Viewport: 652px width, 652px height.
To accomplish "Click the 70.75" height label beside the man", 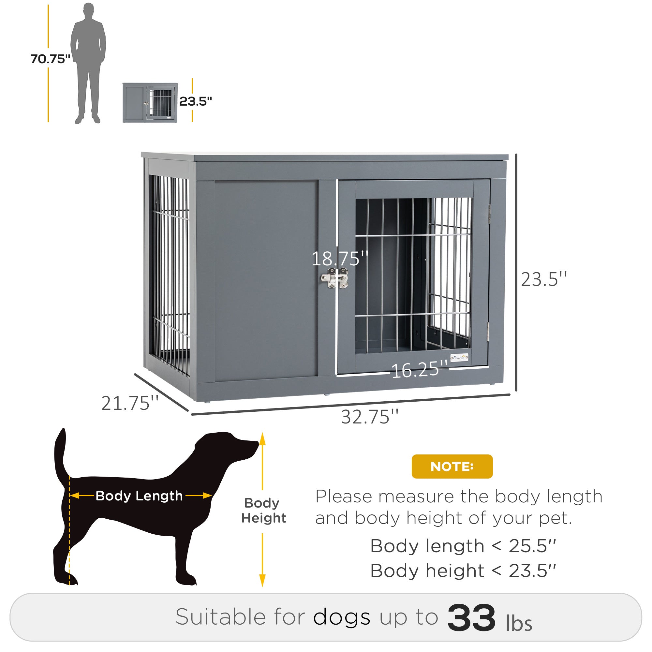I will tap(50, 59).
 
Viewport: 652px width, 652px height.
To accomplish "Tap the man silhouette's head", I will tap(88, 11).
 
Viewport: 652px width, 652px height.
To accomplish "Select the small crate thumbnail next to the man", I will tap(150, 103).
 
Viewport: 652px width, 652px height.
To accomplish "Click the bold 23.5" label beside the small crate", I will tap(195, 101).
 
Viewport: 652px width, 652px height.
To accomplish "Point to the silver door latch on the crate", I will tap(334, 278).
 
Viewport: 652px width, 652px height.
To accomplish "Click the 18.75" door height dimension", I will tap(339, 259).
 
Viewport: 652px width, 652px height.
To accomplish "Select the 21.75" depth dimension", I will tap(130, 403).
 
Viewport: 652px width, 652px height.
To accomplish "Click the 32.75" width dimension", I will tap(370, 417).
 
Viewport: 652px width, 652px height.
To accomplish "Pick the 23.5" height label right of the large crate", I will tap(544, 279).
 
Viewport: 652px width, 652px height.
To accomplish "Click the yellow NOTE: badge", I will tap(452, 467).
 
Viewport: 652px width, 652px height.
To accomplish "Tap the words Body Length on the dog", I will tap(139, 496).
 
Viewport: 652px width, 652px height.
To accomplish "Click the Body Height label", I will tap(263, 510).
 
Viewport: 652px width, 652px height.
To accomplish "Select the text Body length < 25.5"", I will tap(463, 546).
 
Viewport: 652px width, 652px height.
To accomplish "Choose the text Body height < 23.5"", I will tap(463, 571).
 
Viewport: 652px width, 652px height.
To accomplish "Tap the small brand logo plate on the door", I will tap(459, 357).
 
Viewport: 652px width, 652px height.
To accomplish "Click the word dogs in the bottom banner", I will tap(342, 617).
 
